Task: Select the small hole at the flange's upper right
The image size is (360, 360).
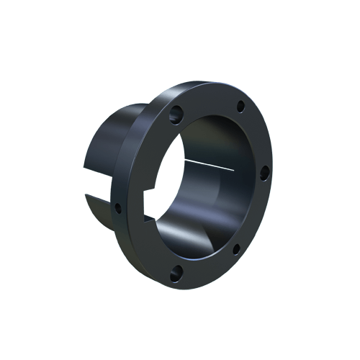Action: [238, 109]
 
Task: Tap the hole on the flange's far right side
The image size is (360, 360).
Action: [264, 171]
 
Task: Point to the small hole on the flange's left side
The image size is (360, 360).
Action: [118, 209]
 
